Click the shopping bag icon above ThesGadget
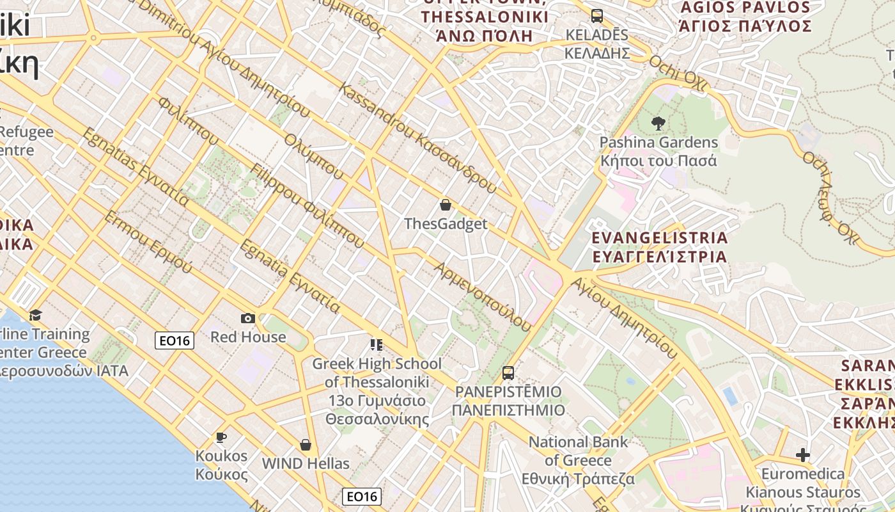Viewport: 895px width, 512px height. [x=445, y=205]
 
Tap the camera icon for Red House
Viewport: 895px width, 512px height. [x=248, y=318]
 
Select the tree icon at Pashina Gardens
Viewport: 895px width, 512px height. [x=658, y=123]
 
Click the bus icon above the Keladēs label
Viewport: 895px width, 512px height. [x=596, y=16]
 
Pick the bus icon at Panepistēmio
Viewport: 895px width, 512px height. [x=508, y=372]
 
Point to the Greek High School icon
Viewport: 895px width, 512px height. [x=377, y=346]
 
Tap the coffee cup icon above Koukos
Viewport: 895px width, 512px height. [x=221, y=437]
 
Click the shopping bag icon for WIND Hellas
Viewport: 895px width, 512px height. [x=306, y=445]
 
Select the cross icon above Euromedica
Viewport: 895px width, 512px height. [x=803, y=455]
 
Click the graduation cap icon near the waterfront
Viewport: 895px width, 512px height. [x=35, y=315]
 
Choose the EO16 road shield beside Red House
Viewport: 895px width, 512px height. [x=175, y=340]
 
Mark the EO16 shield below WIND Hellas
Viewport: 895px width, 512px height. [x=362, y=496]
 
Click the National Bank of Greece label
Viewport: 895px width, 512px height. [x=579, y=460]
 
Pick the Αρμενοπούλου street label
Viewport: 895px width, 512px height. [x=483, y=296]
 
